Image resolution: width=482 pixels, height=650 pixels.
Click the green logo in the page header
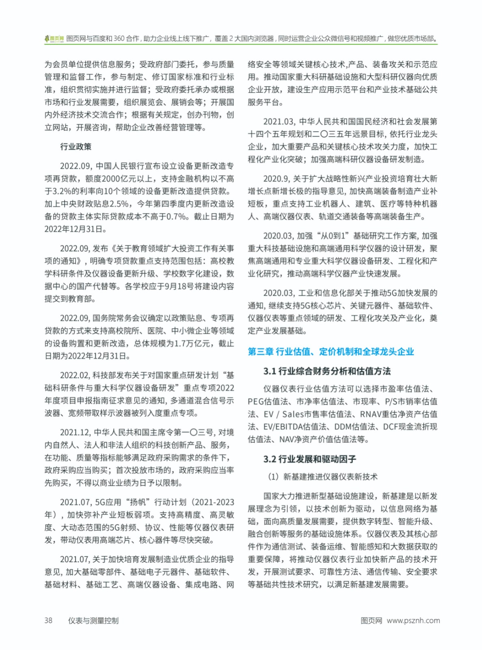54,39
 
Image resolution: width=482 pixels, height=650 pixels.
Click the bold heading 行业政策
76,147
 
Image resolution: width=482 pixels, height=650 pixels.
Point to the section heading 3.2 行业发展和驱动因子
309,459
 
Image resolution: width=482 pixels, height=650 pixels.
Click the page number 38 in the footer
48,620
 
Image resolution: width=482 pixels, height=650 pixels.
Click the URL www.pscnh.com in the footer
413,620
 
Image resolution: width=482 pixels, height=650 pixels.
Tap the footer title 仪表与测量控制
93,620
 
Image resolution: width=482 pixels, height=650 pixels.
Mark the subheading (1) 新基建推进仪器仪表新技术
322,477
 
